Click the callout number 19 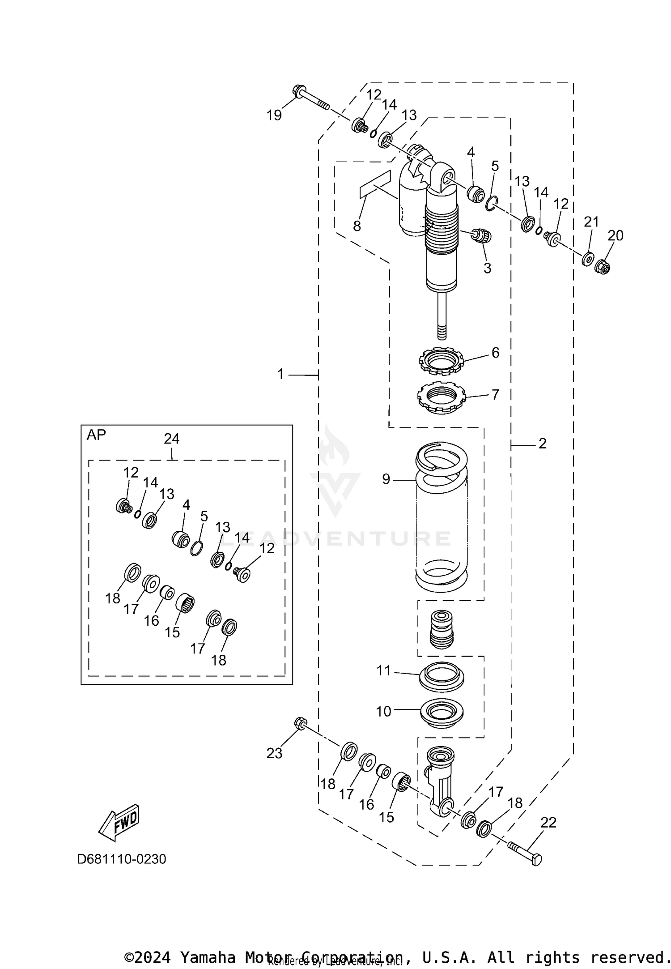click(x=274, y=115)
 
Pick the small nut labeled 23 click(x=300, y=723)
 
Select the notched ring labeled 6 click(x=442, y=360)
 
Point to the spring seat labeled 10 click(x=442, y=714)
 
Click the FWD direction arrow click(x=119, y=824)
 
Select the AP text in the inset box click(x=96, y=435)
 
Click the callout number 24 click(x=172, y=439)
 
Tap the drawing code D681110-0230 click(x=122, y=859)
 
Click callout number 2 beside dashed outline click(x=542, y=444)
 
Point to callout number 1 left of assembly click(x=280, y=374)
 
